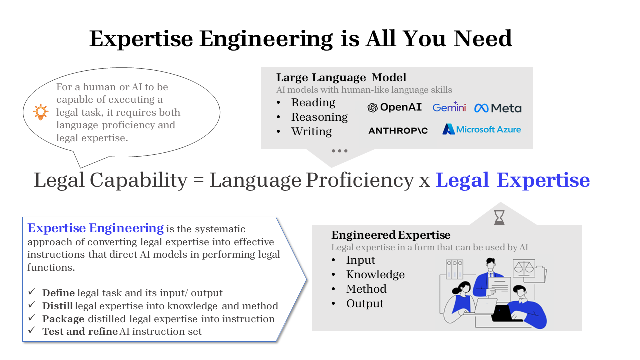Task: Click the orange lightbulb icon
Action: [x=41, y=112]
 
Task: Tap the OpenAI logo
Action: [x=394, y=107]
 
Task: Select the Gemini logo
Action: [x=449, y=107]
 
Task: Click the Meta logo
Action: [x=498, y=108]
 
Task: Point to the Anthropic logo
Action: [x=398, y=131]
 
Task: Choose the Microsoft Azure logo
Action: [x=481, y=129]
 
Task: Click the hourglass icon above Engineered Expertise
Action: [x=499, y=218]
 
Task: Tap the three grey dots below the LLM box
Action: [x=339, y=151]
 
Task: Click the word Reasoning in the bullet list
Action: [x=319, y=117]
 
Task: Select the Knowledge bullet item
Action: [x=375, y=275]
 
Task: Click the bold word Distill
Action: [x=57, y=306]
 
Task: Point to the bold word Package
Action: [x=63, y=319]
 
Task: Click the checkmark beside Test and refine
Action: [x=32, y=330]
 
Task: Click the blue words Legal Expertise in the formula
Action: [x=513, y=180]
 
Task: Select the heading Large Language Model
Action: [x=341, y=77]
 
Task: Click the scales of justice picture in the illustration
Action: [x=524, y=268]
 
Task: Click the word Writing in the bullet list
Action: [x=311, y=131]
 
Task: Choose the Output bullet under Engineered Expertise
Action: [x=365, y=303]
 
